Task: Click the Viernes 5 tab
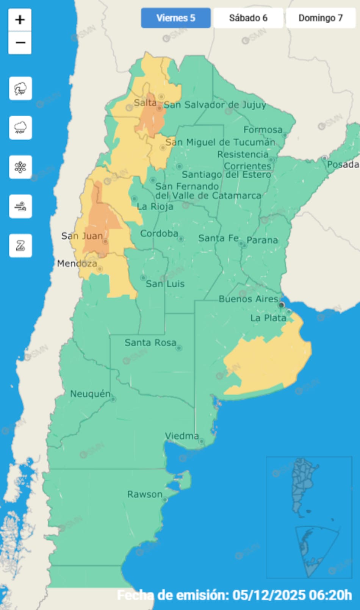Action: pos(175,18)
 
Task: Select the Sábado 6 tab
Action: pos(248,18)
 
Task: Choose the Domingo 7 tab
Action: pos(320,18)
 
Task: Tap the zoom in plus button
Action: pos(20,20)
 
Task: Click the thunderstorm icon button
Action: pos(20,88)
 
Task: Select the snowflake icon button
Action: pos(20,167)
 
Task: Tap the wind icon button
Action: pos(20,206)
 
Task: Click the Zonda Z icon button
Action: pos(20,246)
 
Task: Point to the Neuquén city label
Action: pos(90,394)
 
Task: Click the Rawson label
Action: pos(144,494)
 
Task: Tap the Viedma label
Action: pos(182,436)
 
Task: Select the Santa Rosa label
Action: pos(150,343)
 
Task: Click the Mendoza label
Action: pos(77,263)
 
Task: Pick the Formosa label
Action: pos(263,130)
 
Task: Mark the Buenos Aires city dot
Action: pos(281,305)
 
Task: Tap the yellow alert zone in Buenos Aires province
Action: pos(269,360)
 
